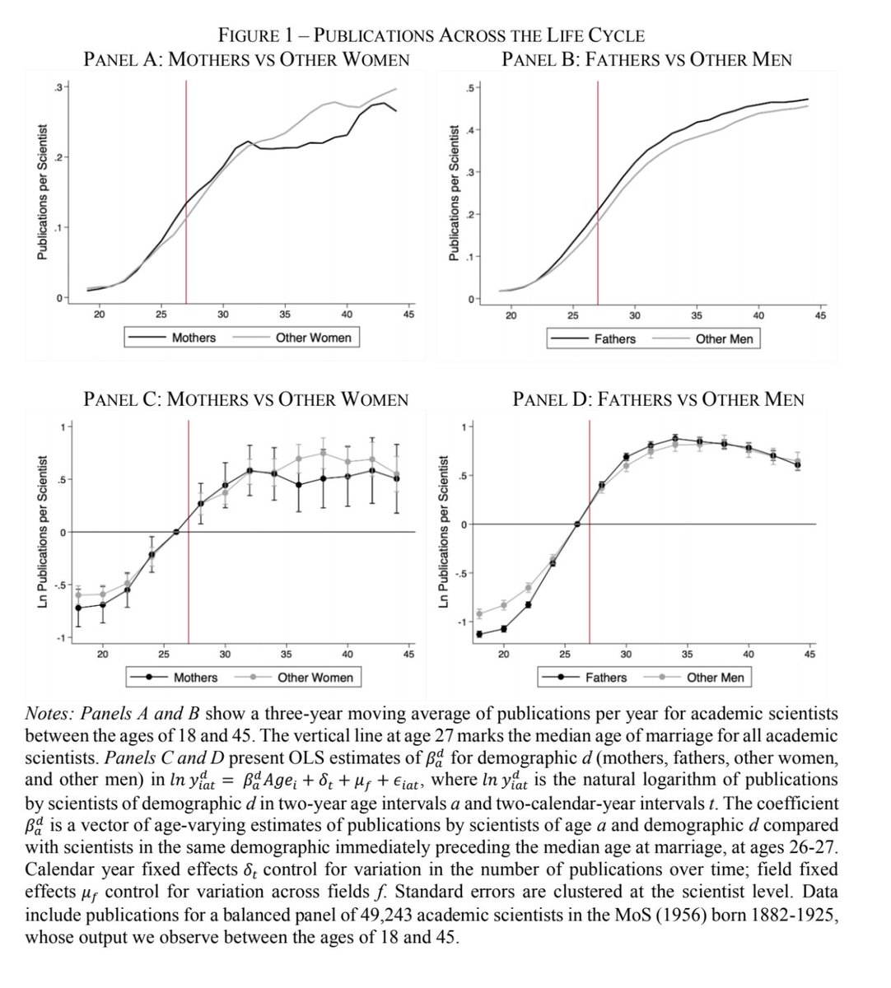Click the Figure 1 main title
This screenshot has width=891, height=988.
coord(431,35)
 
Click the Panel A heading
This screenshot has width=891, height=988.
coord(247,59)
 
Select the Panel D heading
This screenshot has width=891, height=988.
coord(658,400)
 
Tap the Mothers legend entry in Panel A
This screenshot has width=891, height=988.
coord(194,338)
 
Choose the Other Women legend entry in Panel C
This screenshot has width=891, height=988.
coord(315,678)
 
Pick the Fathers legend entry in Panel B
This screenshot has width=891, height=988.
coord(614,338)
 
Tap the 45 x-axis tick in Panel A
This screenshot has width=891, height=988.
coord(408,315)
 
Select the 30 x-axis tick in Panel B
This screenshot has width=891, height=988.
coord(635,315)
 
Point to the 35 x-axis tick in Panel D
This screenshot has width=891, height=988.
coord(687,655)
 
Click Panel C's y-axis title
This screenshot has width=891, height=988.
coord(40,534)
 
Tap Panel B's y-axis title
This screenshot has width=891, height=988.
coord(452,193)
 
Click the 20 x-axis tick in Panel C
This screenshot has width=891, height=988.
coord(102,655)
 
